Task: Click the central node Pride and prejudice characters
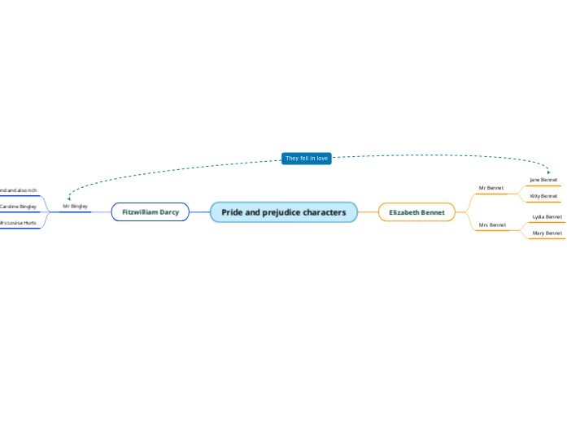(x=283, y=212)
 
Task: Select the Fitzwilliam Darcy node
(x=150, y=212)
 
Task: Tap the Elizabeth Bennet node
(x=417, y=212)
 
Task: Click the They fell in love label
(x=307, y=159)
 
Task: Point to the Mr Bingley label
(x=75, y=207)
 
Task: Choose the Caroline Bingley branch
(x=18, y=207)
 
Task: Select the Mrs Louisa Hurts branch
(x=18, y=222)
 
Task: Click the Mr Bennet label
(x=491, y=188)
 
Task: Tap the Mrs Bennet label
(x=492, y=225)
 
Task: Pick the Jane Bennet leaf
(x=543, y=180)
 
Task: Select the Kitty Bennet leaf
(x=543, y=196)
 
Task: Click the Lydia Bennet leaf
(x=547, y=217)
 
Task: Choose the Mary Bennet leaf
(x=547, y=233)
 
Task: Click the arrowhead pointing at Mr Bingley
(x=69, y=198)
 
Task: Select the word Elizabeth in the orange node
(x=404, y=212)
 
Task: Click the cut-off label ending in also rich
(x=18, y=190)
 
